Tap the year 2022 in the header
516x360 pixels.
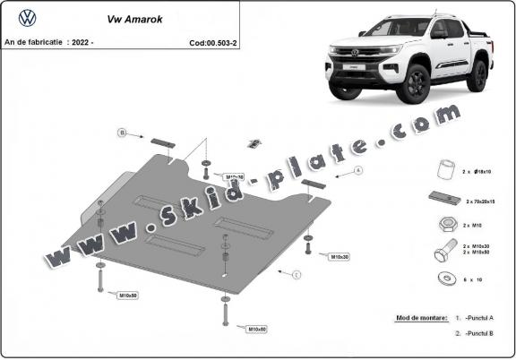pos(78,41)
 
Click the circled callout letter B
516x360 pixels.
pos(121,133)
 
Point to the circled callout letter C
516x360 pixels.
pos(297,273)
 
